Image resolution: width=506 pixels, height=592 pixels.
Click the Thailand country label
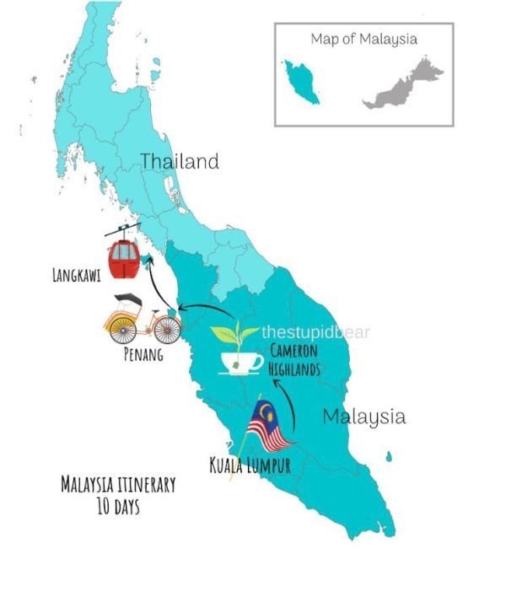pos(179,161)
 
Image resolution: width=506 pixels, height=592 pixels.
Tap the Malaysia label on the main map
pos(363,416)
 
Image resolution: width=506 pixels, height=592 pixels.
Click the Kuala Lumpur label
pos(250,464)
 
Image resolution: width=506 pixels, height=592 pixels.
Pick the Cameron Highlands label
pos(299,361)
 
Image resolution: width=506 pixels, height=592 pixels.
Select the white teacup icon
pos(240,362)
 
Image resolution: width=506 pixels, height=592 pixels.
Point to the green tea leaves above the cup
pos(232,332)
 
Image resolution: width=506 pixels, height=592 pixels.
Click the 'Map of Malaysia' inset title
pos(363,39)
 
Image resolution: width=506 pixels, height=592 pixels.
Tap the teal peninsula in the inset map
pos(302,81)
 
